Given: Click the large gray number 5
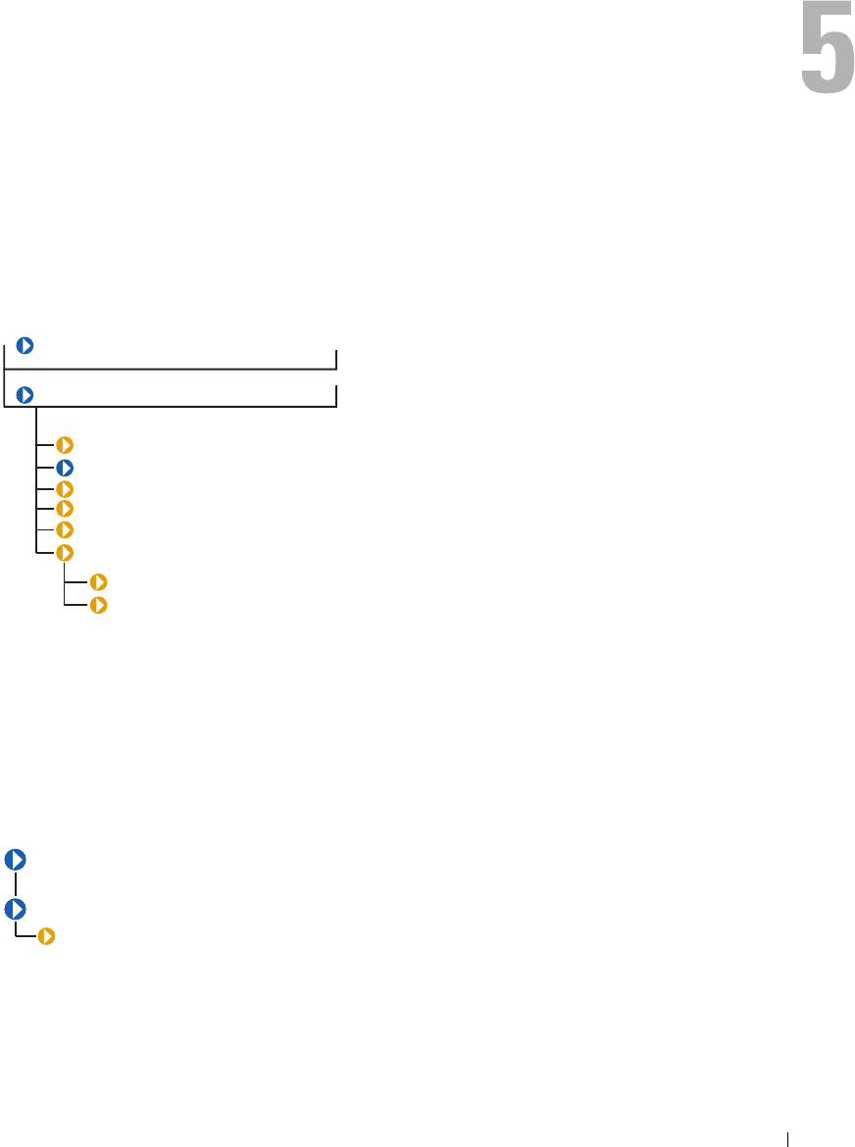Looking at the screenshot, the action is tap(827, 60).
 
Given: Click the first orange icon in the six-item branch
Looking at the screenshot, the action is tap(65, 445).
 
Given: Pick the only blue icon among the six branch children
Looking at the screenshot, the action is tap(65, 467).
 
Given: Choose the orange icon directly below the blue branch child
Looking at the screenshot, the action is tap(65, 488).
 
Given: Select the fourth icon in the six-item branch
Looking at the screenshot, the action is tap(65, 508).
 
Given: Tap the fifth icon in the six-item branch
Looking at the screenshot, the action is tap(65, 529).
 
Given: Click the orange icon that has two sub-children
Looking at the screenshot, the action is tap(65, 553).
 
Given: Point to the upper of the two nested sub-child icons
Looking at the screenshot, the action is tap(98, 582).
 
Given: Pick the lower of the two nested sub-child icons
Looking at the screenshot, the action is tap(98, 605).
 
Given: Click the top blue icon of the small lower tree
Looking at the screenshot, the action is tap(16, 860).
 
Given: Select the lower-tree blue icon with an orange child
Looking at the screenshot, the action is tap(16, 909).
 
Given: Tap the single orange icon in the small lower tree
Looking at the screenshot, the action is tap(46, 937).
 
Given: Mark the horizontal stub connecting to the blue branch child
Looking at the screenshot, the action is tap(45, 467).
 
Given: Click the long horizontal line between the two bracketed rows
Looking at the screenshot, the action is tap(172, 370).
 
